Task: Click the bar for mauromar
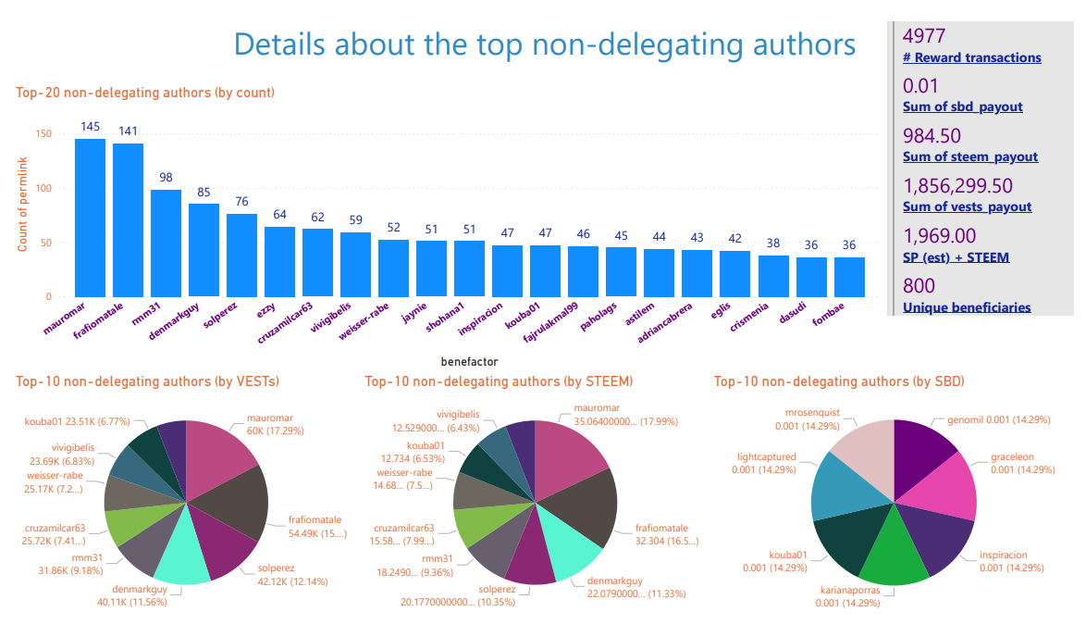(90, 218)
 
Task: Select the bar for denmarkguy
(204, 250)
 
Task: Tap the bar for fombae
(849, 277)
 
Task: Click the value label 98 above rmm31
(166, 177)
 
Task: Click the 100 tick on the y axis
(43, 188)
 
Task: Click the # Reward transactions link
(971, 57)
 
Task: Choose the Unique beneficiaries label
(967, 307)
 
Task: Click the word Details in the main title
(278, 44)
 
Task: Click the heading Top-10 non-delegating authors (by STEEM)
(499, 381)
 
